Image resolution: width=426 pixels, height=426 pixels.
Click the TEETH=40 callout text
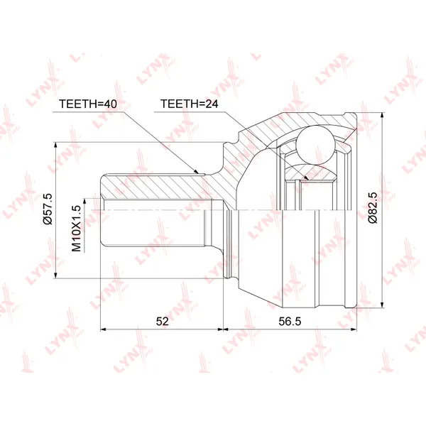click(88, 104)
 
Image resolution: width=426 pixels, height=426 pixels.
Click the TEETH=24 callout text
click(189, 104)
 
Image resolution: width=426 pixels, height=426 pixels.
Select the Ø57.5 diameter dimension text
click(48, 209)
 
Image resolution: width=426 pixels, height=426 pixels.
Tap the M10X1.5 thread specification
click(77, 228)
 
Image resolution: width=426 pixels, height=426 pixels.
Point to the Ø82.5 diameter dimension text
click(373, 208)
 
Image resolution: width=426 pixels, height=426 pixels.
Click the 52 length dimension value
click(162, 322)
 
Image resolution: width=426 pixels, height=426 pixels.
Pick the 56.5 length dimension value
click(290, 322)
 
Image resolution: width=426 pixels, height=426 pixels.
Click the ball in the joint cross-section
click(315, 145)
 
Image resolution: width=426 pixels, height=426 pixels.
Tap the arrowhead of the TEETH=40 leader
click(196, 171)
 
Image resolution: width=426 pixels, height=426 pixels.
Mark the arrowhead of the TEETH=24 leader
click(306, 177)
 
